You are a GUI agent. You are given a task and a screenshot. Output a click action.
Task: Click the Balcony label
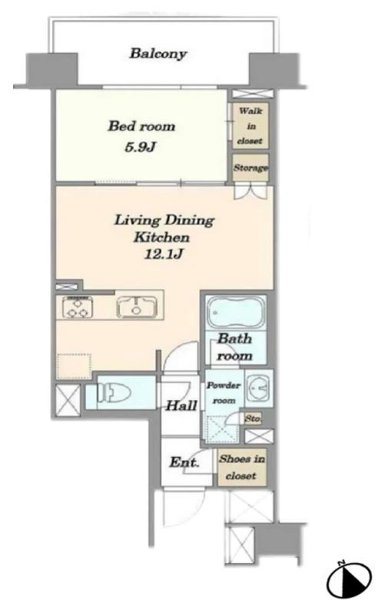(158, 53)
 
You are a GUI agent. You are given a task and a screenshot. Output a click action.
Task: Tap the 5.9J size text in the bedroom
(141, 147)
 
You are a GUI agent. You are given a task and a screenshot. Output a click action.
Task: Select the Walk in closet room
(251, 125)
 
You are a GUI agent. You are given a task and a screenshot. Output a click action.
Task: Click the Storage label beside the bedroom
(251, 168)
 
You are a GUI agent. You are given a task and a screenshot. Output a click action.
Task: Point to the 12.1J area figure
(163, 254)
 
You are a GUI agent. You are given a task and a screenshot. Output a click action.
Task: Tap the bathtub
(235, 312)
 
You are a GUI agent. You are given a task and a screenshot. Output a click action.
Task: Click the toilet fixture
(114, 392)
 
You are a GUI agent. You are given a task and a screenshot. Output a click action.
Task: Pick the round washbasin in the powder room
(257, 388)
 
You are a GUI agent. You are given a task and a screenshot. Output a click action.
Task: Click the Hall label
(181, 405)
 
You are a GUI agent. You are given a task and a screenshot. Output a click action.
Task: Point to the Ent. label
(184, 462)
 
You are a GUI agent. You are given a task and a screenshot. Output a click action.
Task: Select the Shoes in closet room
(242, 468)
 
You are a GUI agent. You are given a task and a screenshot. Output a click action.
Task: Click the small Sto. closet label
(253, 418)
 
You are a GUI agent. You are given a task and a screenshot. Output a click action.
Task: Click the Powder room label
(224, 392)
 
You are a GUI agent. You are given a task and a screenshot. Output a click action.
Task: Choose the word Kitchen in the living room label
(161, 237)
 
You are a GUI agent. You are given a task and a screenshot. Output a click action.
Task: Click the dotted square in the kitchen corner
(75, 367)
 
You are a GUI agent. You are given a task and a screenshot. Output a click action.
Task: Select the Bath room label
(234, 347)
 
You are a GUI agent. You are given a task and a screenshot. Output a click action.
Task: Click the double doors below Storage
(251, 191)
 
